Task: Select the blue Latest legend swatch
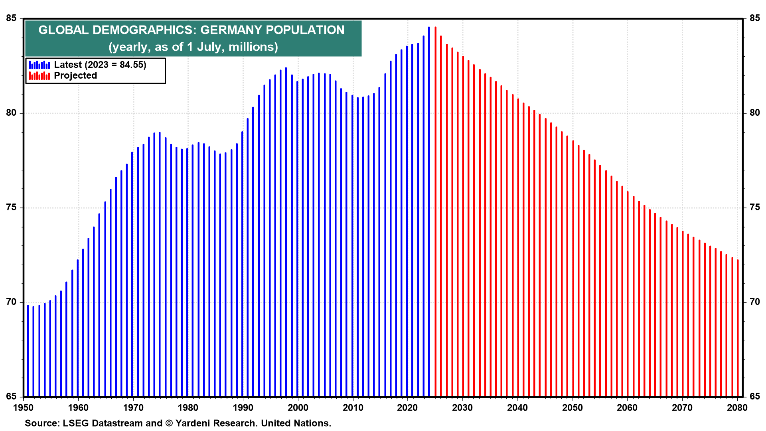pyautogui.click(x=39, y=65)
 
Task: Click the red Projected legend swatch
pyautogui.click(x=39, y=76)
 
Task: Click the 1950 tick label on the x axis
pyautogui.click(x=24, y=407)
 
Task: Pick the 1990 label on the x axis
pyautogui.click(x=243, y=407)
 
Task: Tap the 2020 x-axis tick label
pyautogui.click(x=408, y=407)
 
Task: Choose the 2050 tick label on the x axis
pyautogui.click(x=573, y=407)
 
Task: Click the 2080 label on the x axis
pyautogui.click(x=737, y=407)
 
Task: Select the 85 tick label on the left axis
pyautogui.click(x=12, y=18)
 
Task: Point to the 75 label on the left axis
pyautogui.click(x=12, y=208)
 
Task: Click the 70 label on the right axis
pyautogui.click(x=754, y=302)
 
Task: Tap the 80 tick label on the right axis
pyautogui.click(x=754, y=113)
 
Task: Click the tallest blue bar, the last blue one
pyautogui.click(x=429, y=212)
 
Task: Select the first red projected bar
pyautogui.click(x=435, y=212)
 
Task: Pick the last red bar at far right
pyautogui.click(x=738, y=327)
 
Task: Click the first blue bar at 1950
pyautogui.click(x=28, y=351)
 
